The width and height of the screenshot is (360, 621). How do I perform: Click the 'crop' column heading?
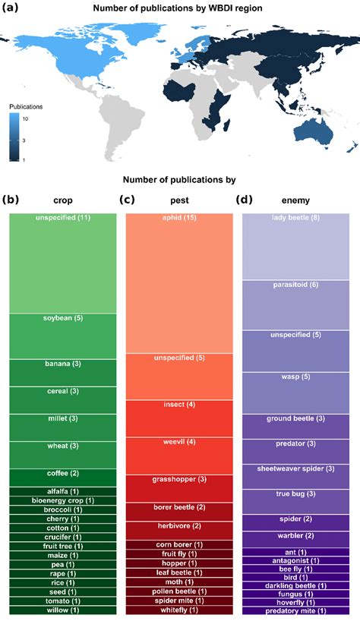pyautogui.click(x=62, y=201)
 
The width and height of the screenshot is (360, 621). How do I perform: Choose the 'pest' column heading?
pyautogui.click(x=179, y=201)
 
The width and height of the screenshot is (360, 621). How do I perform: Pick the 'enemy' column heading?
pyautogui.click(x=295, y=201)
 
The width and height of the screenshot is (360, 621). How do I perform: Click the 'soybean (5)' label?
pyautogui.click(x=62, y=318)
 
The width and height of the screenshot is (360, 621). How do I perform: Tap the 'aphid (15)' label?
pyautogui.click(x=179, y=219)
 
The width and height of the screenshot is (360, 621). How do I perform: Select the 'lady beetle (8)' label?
pyautogui.click(x=295, y=219)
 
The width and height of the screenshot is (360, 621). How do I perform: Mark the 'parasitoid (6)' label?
pyautogui.click(x=295, y=285)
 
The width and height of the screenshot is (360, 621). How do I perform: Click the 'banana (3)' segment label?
pyautogui.click(x=62, y=364)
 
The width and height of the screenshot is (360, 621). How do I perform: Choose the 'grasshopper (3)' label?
pyautogui.click(x=179, y=480)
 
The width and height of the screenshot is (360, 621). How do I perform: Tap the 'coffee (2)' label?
pyautogui.click(x=62, y=474)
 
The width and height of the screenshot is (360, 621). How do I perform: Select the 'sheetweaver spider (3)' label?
pyautogui.click(x=295, y=468)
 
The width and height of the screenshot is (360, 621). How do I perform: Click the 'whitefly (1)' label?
pyautogui.click(x=179, y=610)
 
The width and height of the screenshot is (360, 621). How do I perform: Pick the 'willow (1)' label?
pyautogui.click(x=62, y=610)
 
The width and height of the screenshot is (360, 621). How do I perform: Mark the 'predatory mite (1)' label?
pyautogui.click(x=295, y=610)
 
